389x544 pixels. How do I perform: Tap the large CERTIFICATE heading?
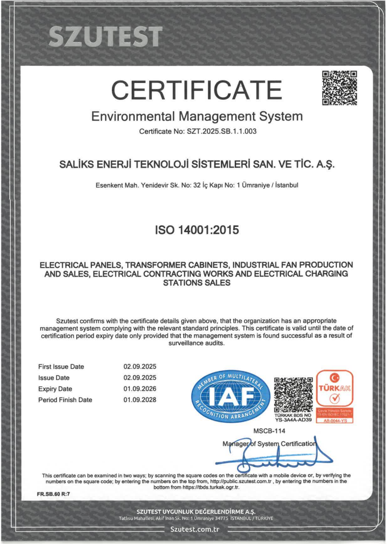[196, 89]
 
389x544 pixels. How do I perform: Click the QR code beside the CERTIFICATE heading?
[339, 88]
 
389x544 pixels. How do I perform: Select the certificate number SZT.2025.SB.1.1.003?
[222, 132]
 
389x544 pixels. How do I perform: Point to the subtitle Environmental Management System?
[197, 117]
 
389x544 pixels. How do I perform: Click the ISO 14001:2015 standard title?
[197, 229]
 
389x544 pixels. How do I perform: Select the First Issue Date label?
[61, 367]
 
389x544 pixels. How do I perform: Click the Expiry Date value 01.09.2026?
[139, 389]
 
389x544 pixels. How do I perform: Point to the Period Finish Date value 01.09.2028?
[139, 400]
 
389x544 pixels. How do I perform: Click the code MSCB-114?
[266, 431]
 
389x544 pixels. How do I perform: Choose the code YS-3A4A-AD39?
[294, 420]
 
